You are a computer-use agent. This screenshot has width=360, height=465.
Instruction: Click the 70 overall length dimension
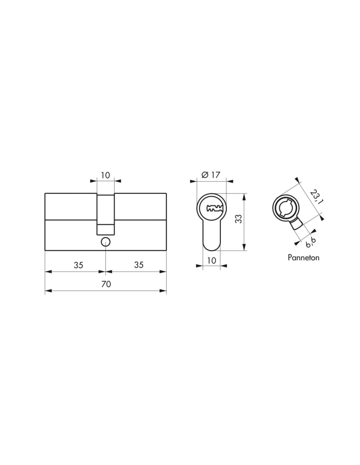click(106, 284)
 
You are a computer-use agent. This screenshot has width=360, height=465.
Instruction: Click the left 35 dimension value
click(78, 265)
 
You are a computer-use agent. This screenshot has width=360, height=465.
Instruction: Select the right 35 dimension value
click(139, 265)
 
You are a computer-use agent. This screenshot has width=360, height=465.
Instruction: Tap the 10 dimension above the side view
click(105, 175)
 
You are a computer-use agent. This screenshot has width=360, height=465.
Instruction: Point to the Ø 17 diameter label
click(211, 175)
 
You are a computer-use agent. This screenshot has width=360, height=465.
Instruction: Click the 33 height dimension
click(239, 219)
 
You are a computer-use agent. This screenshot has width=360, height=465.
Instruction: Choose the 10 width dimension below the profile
click(211, 261)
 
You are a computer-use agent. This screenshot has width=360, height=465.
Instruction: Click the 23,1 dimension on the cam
click(316, 197)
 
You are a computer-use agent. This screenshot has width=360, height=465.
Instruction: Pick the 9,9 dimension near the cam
click(310, 243)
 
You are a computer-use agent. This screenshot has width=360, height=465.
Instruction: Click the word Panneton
click(303, 257)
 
